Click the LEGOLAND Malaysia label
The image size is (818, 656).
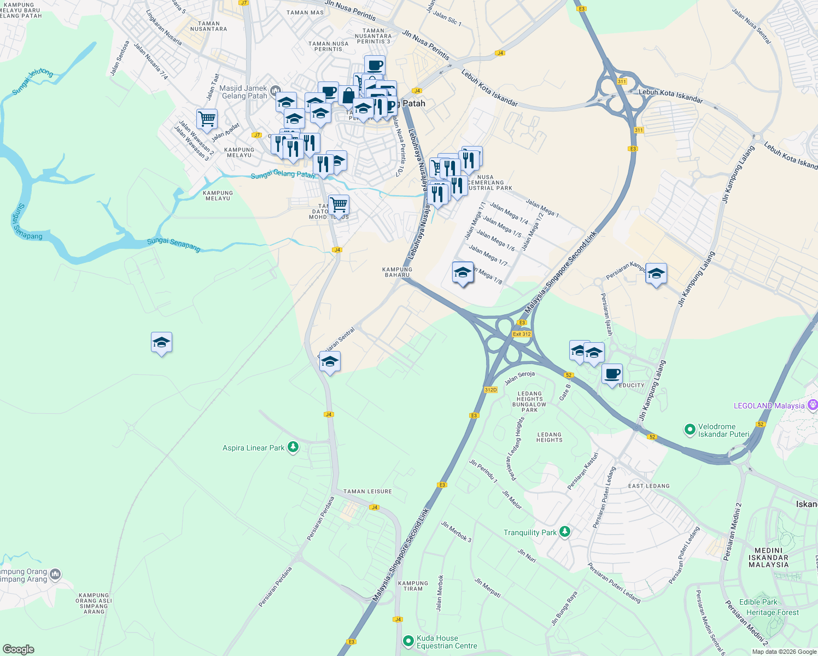(x=769, y=406)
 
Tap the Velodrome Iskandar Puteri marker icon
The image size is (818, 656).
(x=690, y=430)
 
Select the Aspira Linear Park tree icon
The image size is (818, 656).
(x=293, y=448)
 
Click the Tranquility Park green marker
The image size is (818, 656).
(x=565, y=532)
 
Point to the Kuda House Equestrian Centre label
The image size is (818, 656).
(x=447, y=642)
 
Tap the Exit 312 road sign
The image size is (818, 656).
(x=522, y=334)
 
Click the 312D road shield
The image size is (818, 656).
(x=490, y=390)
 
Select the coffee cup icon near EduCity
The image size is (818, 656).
(x=612, y=374)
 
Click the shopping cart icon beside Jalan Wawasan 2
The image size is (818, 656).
(x=207, y=118)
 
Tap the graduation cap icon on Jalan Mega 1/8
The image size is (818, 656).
(x=463, y=272)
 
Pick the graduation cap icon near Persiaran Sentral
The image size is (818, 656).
(x=330, y=361)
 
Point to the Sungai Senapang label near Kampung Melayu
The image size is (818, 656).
(x=174, y=244)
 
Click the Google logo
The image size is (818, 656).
(x=19, y=649)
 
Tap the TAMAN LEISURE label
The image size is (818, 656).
(x=367, y=491)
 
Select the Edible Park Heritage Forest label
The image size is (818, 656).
(x=772, y=607)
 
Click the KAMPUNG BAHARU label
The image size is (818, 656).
(x=397, y=272)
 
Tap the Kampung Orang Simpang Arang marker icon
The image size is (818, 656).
(x=55, y=574)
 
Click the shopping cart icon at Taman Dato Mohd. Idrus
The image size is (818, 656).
(x=338, y=204)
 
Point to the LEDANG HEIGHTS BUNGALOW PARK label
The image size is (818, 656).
(x=529, y=402)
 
